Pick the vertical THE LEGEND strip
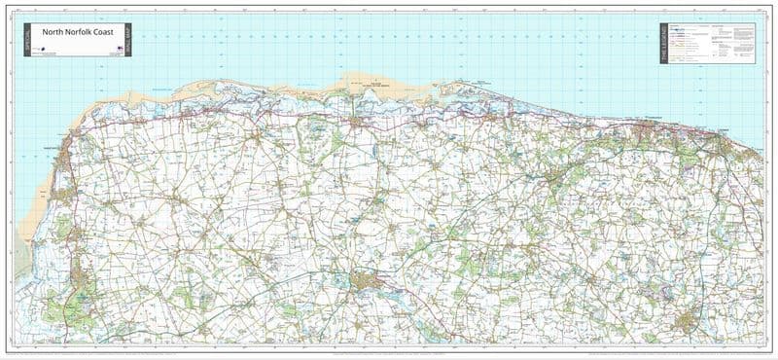click(x=664, y=43)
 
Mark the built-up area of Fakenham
click(x=369, y=281)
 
